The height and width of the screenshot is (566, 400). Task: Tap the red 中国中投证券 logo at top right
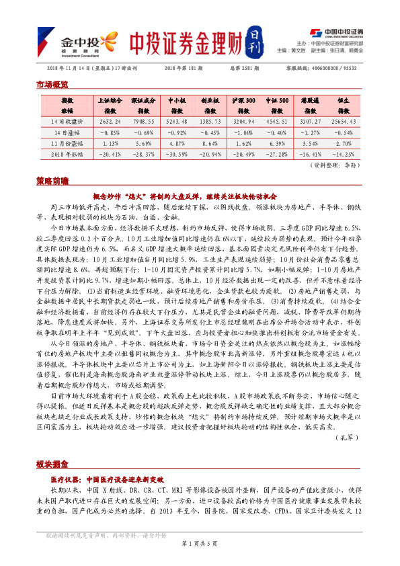point(336,32)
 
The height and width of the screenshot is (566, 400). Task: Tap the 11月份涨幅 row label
point(67,143)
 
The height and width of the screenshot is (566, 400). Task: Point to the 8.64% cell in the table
point(210,143)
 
